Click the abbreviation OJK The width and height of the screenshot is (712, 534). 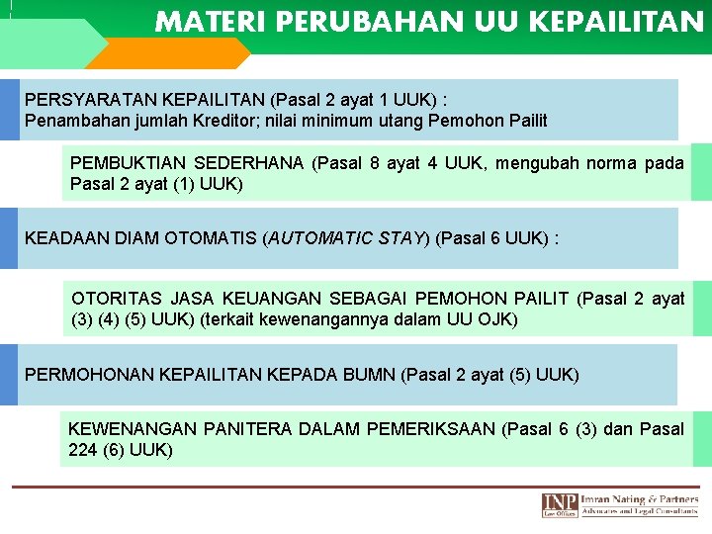pyautogui.click(x=499, y=319)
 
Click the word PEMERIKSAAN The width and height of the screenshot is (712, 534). pyautogui.click(x=431, y=428)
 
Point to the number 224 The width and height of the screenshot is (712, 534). pyautogui.click(x=83, y=450)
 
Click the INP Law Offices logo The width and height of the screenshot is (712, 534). pyautogui.click(x=560, y=504)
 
